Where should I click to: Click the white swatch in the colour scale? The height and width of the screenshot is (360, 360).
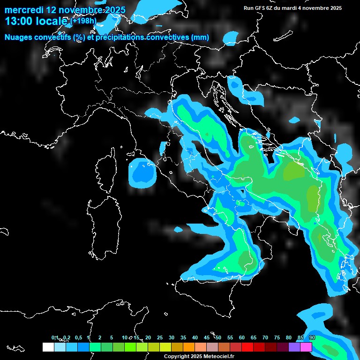tap(48, 347)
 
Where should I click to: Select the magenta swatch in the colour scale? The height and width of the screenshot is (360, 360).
tap(306, 347)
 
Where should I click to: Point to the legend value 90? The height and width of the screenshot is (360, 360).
tap(312, 338)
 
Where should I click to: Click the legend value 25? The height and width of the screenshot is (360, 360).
tap(160, 338)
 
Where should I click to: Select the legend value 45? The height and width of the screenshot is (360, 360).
tap(207, 338)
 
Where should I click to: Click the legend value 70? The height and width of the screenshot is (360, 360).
tap(265, 338)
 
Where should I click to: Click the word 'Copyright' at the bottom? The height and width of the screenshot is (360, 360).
tap(177, 356)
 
